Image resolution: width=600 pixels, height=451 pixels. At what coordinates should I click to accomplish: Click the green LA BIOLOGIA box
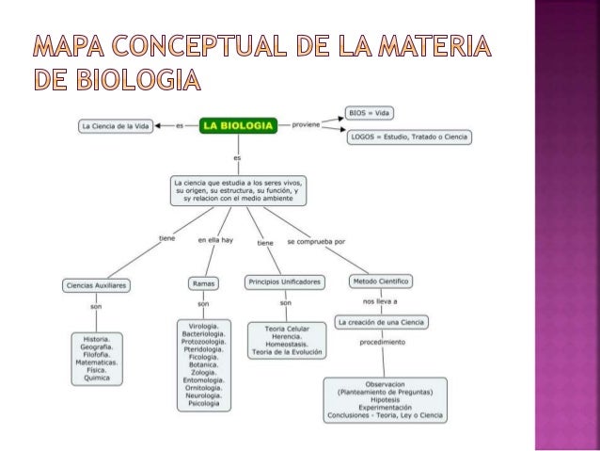click(240, 125)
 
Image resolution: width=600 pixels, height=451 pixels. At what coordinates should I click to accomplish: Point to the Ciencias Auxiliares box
click(96, 283)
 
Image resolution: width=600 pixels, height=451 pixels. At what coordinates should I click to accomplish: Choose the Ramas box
click(203, 282)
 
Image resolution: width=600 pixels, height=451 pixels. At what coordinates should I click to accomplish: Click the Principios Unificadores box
click(286, 281)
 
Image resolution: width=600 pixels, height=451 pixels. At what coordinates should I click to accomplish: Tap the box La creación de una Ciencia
click(381, 322)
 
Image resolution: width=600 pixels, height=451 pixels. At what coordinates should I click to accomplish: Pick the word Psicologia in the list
click(204, 404)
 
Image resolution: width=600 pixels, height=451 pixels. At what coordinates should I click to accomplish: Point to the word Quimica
click(96, 378)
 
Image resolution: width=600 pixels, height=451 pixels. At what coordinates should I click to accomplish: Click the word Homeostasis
click(287, 345)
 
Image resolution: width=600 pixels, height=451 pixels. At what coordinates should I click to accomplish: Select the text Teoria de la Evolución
click(287, 352)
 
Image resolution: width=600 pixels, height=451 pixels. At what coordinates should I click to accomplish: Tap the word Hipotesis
click(386, 399)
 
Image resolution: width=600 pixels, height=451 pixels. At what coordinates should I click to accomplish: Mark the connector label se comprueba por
click(316, 241)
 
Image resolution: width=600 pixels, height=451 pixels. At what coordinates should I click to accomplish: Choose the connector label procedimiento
click(383, 342)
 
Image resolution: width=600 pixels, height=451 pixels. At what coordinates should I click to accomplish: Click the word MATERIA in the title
click(442, 45)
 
